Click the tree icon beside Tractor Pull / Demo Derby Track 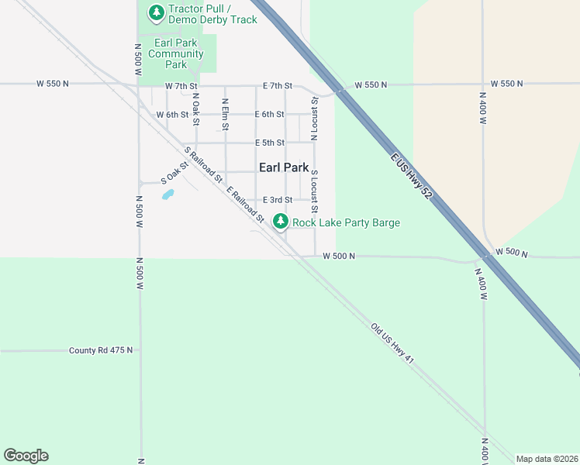tap(157, 12)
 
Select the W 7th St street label tap(181, 85)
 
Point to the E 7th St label tap(278, 85)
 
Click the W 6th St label tap(172, 115)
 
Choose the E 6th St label tap(270, 115)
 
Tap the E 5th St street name tap(270, 143)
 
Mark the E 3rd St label tap(277, 200)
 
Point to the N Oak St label tap(196, 110)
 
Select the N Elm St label tap(225, 113)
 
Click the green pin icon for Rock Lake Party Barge tap(281, 222)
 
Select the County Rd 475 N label tap(101, 350)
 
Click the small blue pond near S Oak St tap(168, 194)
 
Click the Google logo tap(26, 456)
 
